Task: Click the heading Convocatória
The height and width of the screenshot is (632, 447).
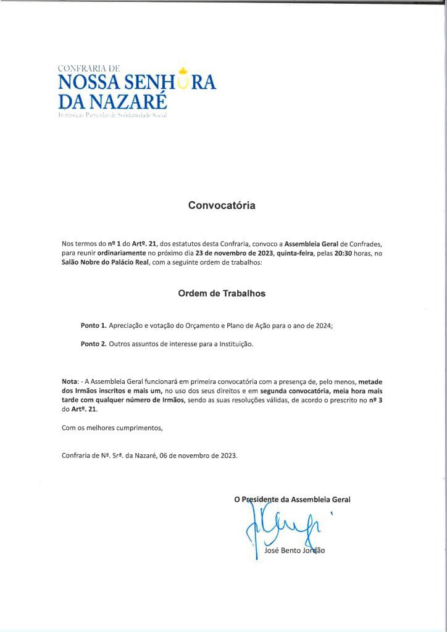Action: click(222, 206)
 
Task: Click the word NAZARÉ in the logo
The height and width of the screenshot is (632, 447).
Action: click(130, 101)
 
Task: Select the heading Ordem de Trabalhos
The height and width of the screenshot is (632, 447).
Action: click(222, 294)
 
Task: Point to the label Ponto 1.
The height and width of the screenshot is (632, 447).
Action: click(94, 325)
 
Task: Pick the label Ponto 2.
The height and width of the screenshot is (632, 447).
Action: click(94, 344)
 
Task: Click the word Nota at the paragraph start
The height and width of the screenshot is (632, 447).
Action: click(70, 382)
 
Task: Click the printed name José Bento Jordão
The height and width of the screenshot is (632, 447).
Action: click(294, 551)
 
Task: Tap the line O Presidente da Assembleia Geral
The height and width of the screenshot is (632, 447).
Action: click(292, 499)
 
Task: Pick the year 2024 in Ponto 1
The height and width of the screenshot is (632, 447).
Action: click(322, 325)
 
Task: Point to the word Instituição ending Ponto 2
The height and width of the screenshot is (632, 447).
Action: click(233, 344)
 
